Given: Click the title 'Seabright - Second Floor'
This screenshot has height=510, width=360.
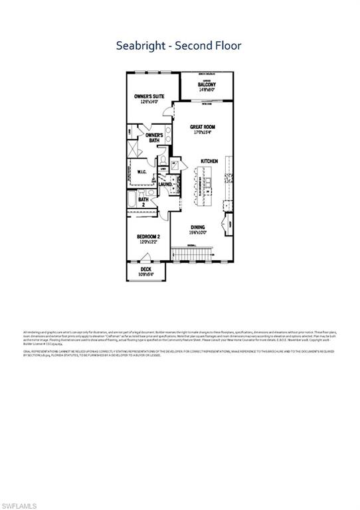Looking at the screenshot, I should coord(179,46).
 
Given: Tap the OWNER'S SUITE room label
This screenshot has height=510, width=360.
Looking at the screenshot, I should coord(149,97).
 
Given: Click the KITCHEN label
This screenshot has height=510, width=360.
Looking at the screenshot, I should coord(210,161).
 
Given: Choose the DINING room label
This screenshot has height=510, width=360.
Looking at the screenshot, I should coord(198,226).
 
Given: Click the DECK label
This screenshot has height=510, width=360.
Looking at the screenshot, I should coord(146,269).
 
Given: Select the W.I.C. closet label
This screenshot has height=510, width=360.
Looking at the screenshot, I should coord(142,173).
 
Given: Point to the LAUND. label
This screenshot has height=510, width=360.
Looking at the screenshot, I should coord(175,184).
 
